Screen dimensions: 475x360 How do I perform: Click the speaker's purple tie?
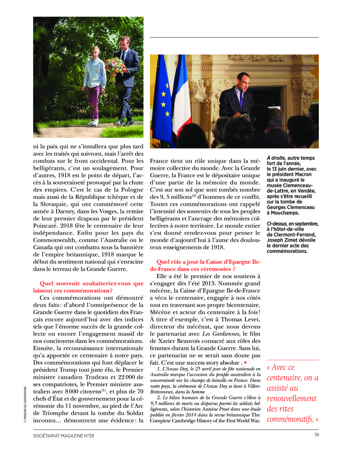click(241, 99)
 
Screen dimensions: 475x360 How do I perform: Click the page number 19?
click(316, 435)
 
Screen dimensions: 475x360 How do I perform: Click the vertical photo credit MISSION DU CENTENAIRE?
click(25, 404)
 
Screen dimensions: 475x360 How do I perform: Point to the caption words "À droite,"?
click(277, 158)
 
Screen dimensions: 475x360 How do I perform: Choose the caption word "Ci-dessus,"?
click(277, 224)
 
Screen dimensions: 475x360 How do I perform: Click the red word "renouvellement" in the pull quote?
click(292, 399)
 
